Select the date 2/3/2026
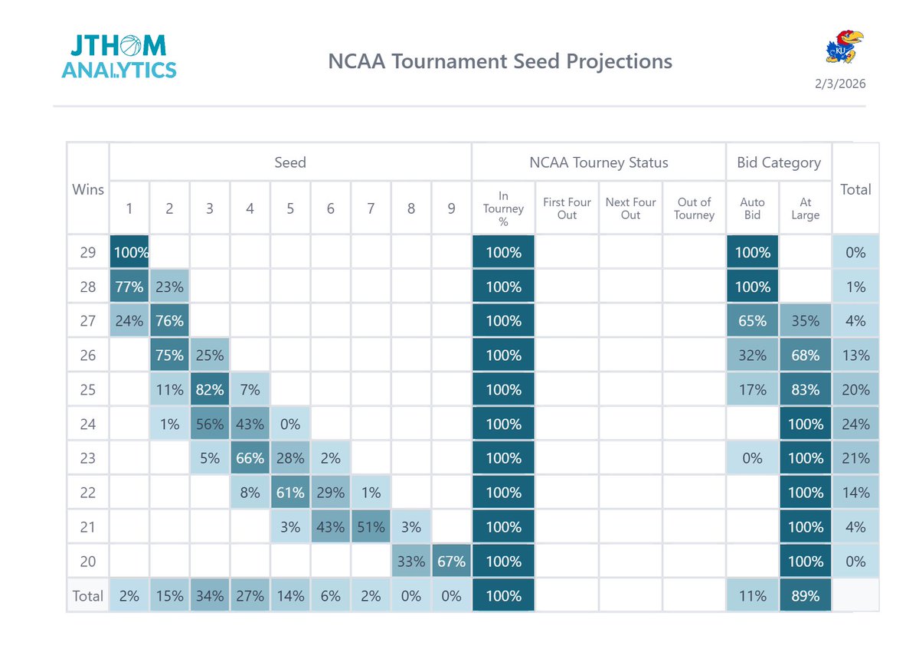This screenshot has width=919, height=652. tap(840, 84)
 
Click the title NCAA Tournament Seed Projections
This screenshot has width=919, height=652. tap(500, 61)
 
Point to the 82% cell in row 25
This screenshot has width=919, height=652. tap(209, 390)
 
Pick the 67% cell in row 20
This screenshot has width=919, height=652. tap(451, 562)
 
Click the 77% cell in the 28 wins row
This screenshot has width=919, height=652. tap(129, 287)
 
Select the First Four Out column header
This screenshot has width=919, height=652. tap(567, 208)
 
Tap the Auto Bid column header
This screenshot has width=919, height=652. tap(752, 208)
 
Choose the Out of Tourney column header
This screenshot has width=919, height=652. tap(695, 208)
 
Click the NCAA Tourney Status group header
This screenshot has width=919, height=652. tap(598, 162)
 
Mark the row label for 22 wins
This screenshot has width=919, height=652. tap(88, 493)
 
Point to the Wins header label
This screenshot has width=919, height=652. tap(88, 188)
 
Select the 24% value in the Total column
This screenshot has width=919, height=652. tap(855, 424)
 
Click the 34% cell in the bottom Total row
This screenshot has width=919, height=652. tap(209, 596)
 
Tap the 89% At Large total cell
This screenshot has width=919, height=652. tap(805, 596)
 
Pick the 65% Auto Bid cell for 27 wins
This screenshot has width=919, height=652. tap(752, 321)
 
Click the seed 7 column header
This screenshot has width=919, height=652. tap(371, 208)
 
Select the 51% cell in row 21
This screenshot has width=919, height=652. tap(371, 527)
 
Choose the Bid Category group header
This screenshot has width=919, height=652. tap(779, 162)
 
